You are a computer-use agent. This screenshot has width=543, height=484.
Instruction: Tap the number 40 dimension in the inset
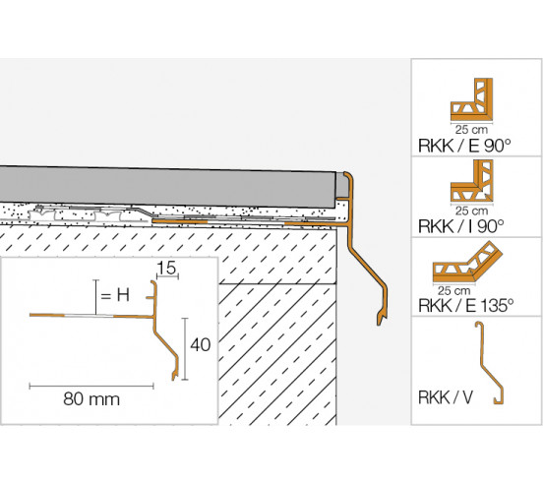pos(202,344)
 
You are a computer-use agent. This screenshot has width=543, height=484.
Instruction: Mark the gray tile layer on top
pos(167,183)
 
